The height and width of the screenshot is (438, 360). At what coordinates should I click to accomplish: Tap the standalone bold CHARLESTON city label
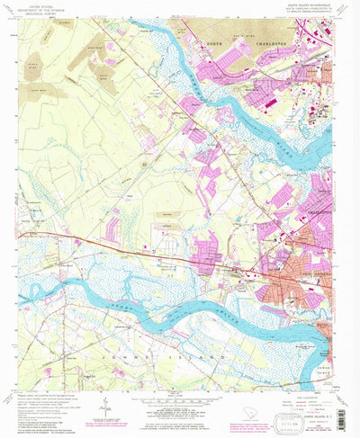(x=318, y=186)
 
